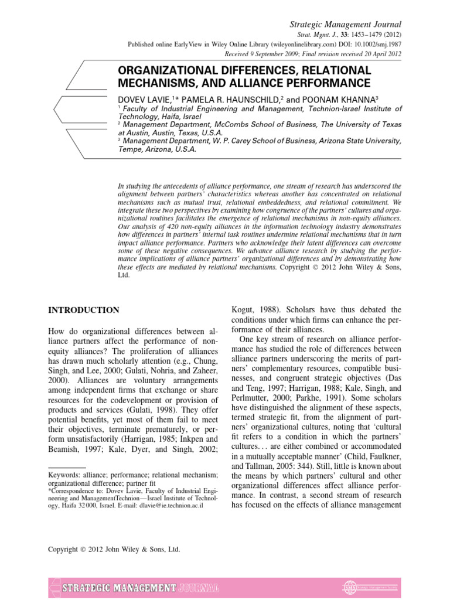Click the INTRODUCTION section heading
(84, 310)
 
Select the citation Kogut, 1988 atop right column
(251, 309)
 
